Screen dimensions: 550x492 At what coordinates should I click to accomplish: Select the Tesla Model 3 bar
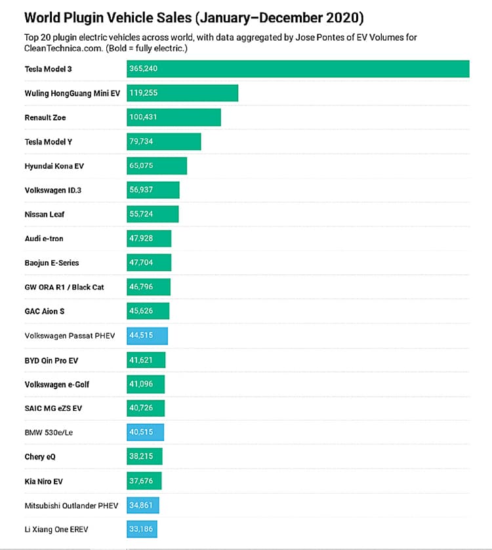click(298, 69)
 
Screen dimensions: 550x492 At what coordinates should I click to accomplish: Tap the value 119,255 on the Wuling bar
click(144, 93)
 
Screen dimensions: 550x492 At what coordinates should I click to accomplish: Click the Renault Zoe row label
click(45, 117)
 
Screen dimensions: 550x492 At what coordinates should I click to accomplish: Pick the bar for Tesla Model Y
click(164, 142)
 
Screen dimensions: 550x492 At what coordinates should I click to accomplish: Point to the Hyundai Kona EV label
click(54, 166)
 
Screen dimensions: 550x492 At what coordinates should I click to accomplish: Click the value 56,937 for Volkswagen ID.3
click(142, 190)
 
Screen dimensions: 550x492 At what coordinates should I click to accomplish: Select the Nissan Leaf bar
click(152, 215)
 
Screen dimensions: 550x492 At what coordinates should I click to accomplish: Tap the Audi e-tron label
click(44, 239)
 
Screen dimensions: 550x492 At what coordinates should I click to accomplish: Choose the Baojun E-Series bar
click(149, 263)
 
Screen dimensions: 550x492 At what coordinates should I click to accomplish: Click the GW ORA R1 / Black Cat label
click(64, 287)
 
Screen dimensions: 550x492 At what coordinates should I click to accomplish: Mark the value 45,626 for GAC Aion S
click(142, 311)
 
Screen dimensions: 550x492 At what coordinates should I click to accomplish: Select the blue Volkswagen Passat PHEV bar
click(147, 335)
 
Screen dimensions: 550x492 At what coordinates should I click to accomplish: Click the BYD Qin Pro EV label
click(52, 360)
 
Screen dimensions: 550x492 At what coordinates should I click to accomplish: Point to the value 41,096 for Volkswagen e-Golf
click(142, 384)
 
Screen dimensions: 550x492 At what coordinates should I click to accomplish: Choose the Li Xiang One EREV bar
click(142, 529)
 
